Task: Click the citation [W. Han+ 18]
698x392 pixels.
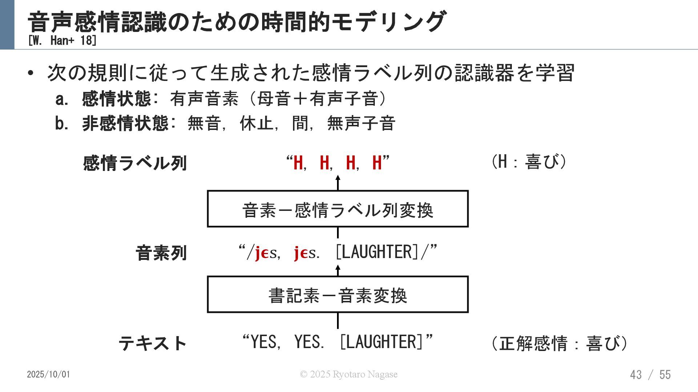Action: pos(62,41)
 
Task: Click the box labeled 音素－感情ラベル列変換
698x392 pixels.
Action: pos(337,209)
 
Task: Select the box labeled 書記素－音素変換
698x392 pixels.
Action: pos(337,295)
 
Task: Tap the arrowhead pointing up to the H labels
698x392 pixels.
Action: pos(338,178)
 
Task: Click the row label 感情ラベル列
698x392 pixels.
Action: pos(135,163)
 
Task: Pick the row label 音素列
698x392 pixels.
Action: pos(161,253)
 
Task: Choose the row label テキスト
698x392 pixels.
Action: pos(153,343)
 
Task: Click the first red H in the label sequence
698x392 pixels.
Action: pos(298,163)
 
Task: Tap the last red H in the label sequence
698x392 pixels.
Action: pos(377,163)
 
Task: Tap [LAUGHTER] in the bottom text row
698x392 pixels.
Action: pos(382,342)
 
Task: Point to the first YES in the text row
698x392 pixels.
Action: pos(264,342)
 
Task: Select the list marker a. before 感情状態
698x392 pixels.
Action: pos(61,99)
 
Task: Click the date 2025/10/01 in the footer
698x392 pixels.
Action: pos(48,375)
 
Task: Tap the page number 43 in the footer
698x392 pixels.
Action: pos(636,375)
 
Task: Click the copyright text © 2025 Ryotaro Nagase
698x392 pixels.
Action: pos(348,374)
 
